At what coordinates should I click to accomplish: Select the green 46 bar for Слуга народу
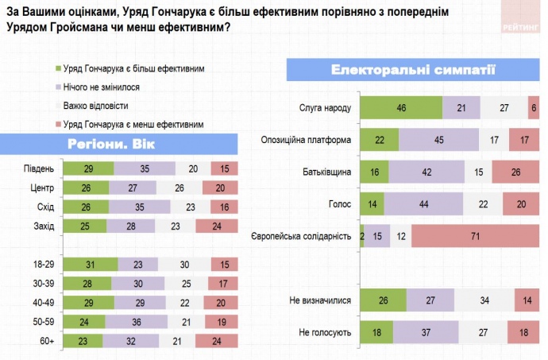[401, 107]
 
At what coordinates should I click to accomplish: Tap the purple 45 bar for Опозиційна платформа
[438, 140]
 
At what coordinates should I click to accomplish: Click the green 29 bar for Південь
[88, 168]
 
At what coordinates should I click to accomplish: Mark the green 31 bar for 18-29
[91, 264]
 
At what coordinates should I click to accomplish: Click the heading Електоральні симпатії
[413, 69]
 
